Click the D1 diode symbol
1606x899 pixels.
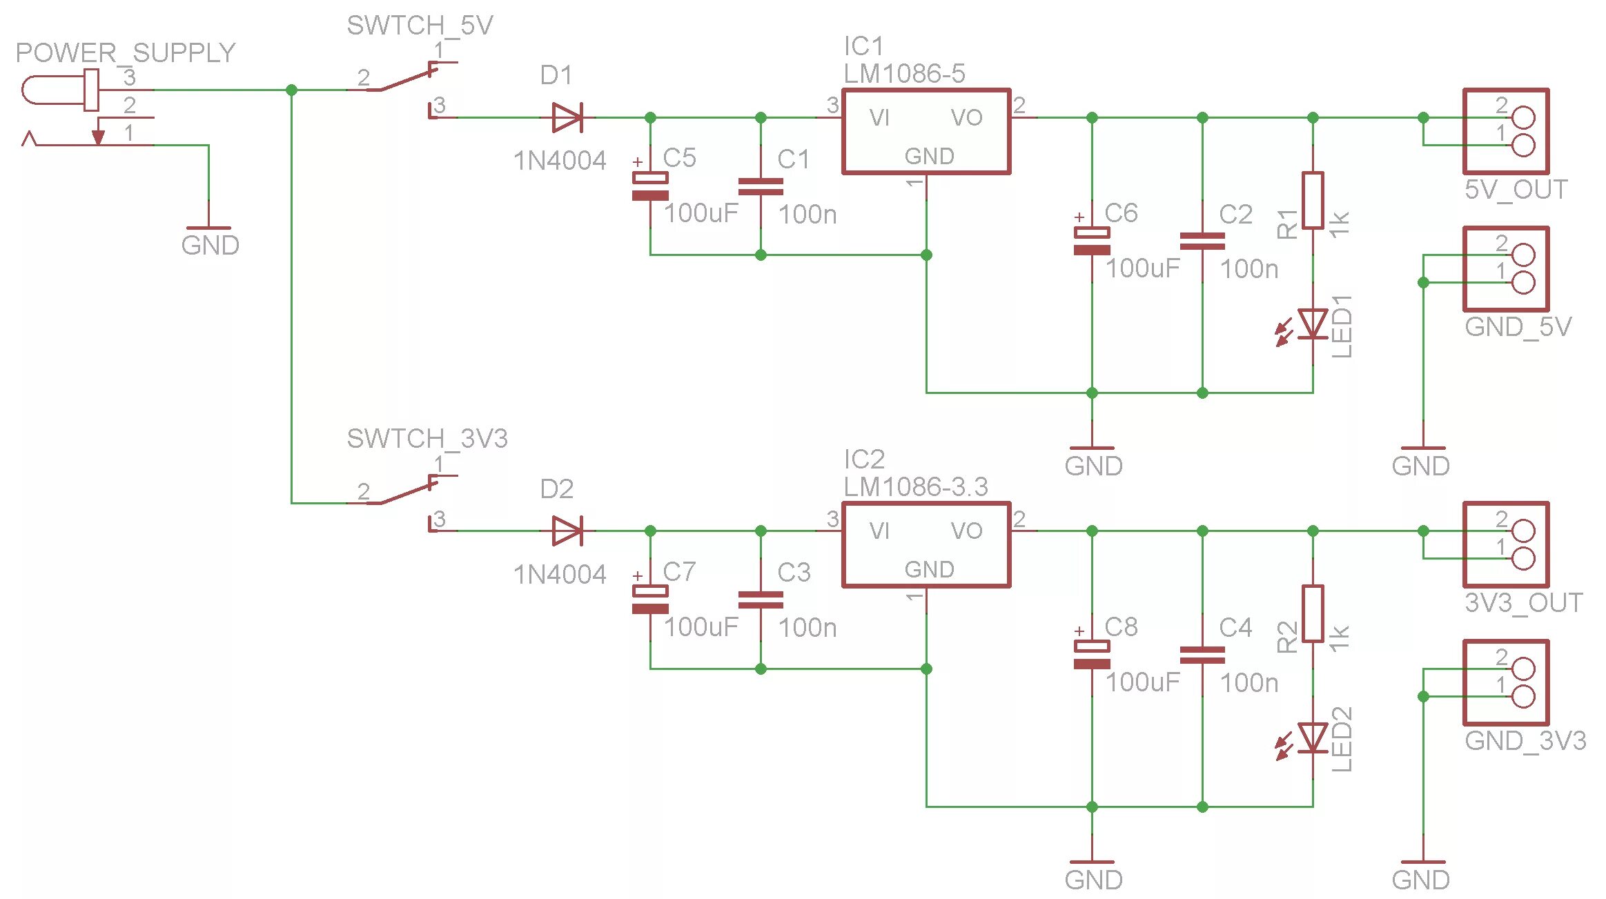(567, 117)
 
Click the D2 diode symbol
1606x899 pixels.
(567, 531)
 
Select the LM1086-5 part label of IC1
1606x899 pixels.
(904, 74)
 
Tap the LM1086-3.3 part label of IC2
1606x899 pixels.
(916, 487)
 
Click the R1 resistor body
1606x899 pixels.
(1312, 200)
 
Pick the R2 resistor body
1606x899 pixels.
(1312, 613)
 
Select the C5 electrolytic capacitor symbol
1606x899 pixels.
(650, 186)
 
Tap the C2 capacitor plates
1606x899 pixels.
(1202, 241)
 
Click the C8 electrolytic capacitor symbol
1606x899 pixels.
(1092, 655)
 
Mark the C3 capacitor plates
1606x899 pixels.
(761, 600)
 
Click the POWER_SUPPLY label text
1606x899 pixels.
(126, 53)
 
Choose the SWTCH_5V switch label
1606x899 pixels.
(420, 26)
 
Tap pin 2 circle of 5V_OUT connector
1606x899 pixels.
(1523, 118)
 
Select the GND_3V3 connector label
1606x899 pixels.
(1525, 741)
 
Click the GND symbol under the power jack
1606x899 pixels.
(208, 229)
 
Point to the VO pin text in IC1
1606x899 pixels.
(966, 118)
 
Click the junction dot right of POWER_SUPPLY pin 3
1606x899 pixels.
(291, 90)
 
